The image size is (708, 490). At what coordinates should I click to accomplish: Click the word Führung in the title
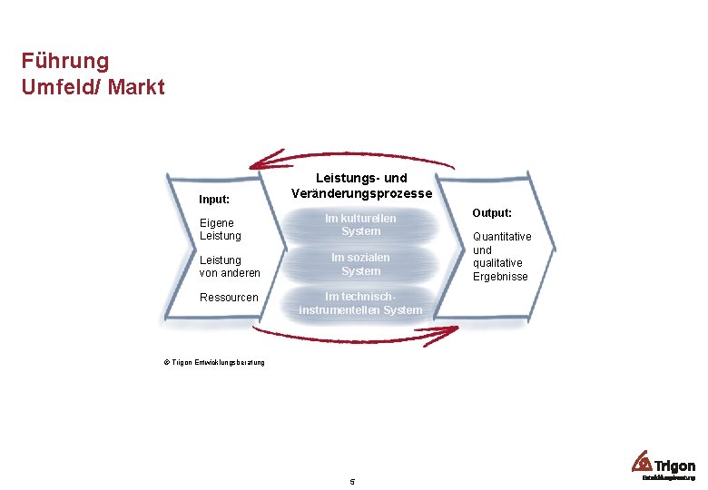65,62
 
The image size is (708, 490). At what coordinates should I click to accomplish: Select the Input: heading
214,199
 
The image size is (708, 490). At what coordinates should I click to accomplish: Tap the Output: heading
492,212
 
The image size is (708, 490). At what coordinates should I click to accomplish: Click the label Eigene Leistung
220,229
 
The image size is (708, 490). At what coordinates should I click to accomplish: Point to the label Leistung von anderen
229,266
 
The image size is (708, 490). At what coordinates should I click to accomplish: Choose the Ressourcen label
229,298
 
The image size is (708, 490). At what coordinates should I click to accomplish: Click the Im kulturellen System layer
360,225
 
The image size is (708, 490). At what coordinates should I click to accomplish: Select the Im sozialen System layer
360,264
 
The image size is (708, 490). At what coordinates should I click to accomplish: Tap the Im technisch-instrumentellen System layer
360,303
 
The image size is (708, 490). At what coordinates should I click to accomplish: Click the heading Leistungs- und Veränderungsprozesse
360,186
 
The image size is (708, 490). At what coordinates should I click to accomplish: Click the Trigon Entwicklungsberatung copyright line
214,363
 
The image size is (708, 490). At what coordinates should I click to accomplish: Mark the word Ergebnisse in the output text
500,276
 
